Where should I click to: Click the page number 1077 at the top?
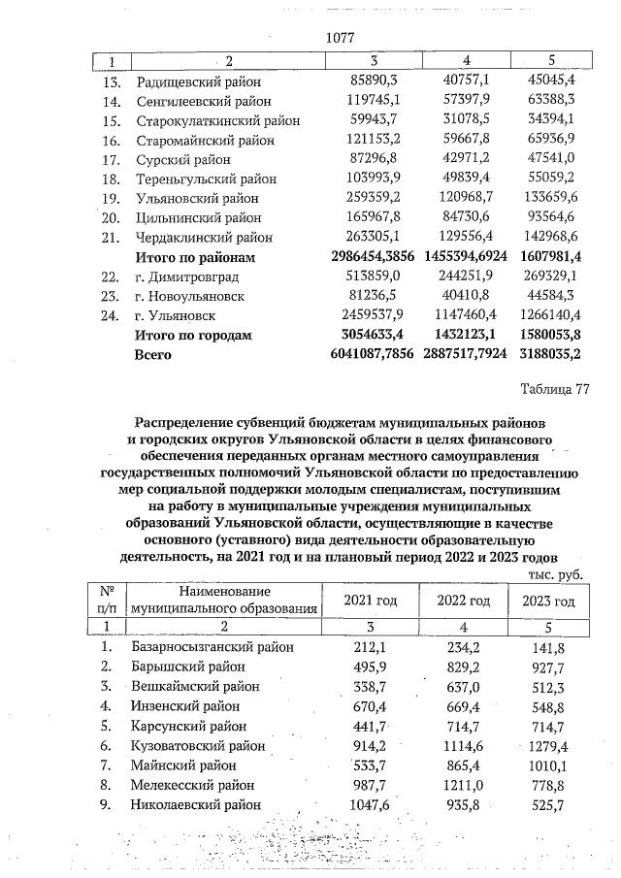point(341,38)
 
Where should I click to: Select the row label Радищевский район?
point(199,81)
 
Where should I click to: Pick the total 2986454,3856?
point(361,257)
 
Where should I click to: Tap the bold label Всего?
point(152,354)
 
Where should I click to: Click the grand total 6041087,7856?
point(361,354)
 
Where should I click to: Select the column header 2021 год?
point(371,601)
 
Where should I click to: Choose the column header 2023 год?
point(549,601)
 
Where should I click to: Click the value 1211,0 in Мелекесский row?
point(461,785)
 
